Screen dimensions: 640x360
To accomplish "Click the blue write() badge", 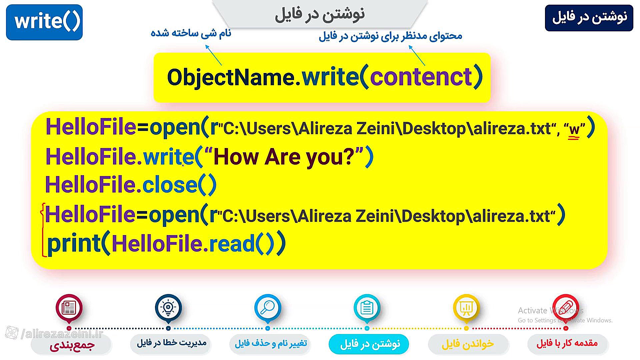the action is click(44, 22).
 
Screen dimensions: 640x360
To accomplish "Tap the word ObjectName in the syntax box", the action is click(231, 77).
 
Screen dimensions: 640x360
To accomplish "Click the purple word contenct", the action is click(421, 77).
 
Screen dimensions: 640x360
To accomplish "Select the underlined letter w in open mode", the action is click(574, 129).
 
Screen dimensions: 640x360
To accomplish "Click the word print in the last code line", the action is click(74, 244).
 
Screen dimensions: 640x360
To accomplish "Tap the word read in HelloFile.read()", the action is click(232, 244).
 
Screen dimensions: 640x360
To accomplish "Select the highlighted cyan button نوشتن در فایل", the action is click(369, 344).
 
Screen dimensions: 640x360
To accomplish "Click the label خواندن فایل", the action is click(468, 344).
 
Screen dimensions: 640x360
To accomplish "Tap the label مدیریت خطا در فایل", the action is click(172, 343).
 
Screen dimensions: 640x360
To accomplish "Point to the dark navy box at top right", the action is click(589, 18).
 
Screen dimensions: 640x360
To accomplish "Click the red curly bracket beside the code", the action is click(43, 230).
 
